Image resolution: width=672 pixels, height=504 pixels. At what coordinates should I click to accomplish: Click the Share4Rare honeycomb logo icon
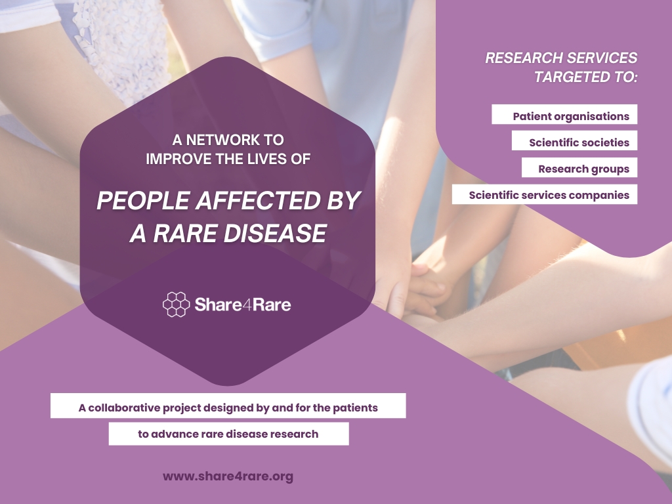click(x=176, y=304)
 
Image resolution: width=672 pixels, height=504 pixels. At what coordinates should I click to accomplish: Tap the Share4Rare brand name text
click(x=242, y=304)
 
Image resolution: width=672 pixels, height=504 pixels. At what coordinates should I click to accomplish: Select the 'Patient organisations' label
click(x=571, y=116)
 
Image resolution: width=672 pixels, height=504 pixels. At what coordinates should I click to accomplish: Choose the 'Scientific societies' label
click(x=579, y=142)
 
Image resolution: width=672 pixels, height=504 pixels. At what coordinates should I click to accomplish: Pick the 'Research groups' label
click(x=583, y=169)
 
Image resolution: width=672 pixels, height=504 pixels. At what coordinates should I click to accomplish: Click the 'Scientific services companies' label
click(x=549, y=195)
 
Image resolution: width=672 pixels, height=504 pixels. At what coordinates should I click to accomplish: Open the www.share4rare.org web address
click(x=228, y=476)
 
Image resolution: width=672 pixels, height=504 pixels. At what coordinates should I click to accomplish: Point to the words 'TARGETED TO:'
click(x=585, y=77)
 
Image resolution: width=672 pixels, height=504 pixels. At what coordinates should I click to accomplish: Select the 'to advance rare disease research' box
click(x=228, y=434)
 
